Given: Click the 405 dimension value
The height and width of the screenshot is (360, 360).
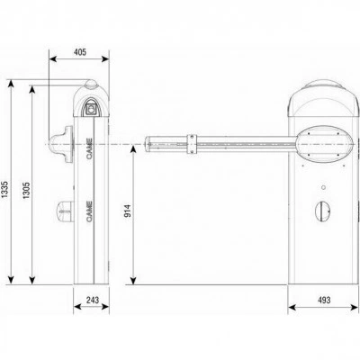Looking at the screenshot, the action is pyautogui.click(x=80, y=52).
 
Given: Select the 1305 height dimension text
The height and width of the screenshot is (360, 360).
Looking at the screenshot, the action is pyautogui.click(x=27, y=190).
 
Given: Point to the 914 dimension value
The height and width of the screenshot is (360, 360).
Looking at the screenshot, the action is pyautogui.click(x=128, y=211).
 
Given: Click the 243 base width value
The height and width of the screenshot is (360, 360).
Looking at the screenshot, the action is pyautogui.click(x=93, y=300).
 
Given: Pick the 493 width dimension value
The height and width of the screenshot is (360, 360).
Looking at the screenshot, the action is pyautogui.click(x=324, y=300).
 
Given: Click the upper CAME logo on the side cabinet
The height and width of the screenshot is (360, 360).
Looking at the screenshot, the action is pyautogui.click(x=89, y=148).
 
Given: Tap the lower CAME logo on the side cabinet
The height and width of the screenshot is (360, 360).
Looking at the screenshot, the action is pyautogui.click(x=89, y=211).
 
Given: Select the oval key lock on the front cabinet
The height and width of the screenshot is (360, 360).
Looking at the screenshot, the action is pyautogui.click(x=323, y=211).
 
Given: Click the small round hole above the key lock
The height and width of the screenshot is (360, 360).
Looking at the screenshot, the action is pyautogui.click(x=323, y=187).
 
